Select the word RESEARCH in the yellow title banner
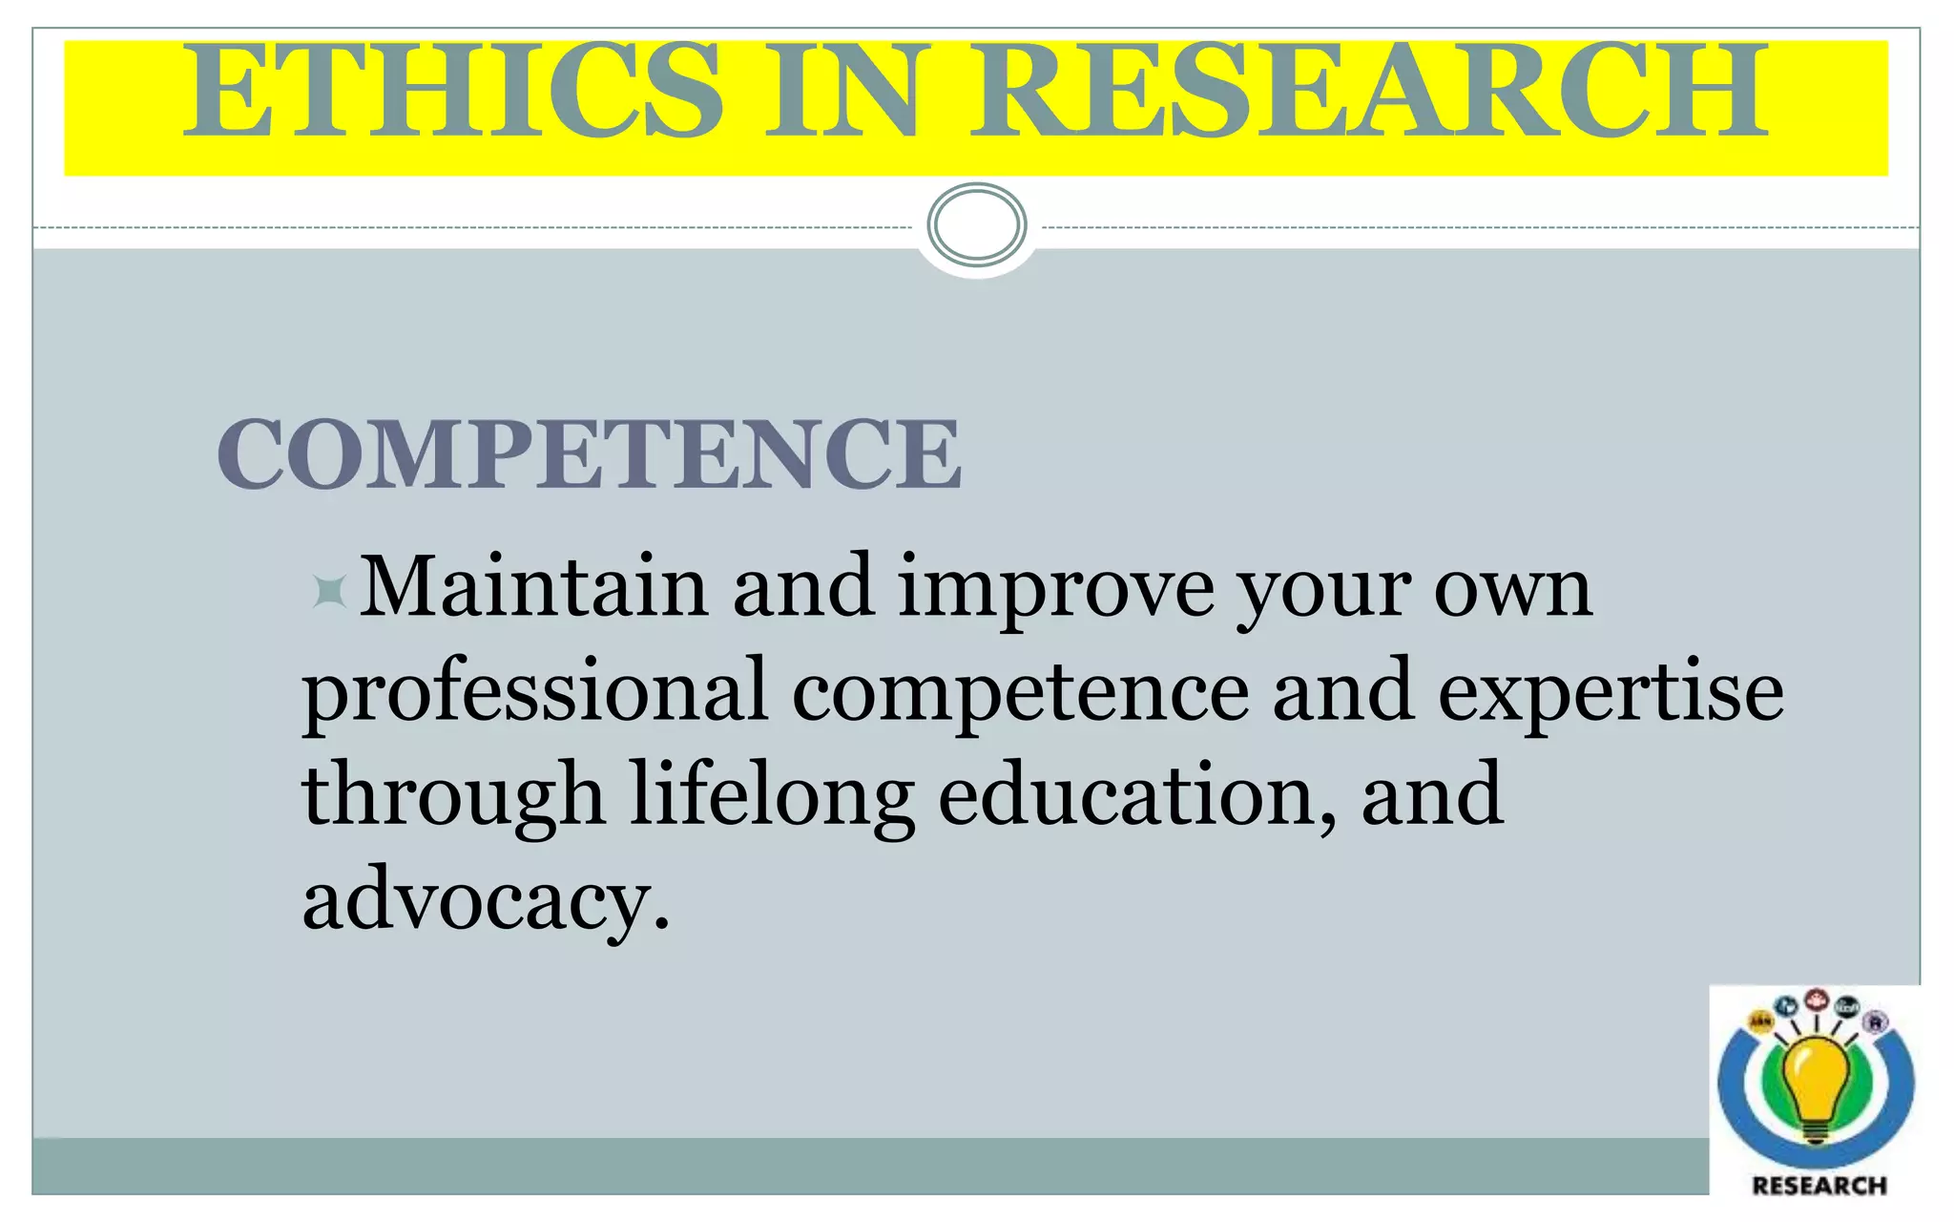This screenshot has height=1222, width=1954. (x=1370, y=92)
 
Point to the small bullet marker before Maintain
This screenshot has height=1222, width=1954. (x=329, y=592)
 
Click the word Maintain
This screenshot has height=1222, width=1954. (x=533, y=587)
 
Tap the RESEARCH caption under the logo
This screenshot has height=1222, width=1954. (x=1819, y=1186)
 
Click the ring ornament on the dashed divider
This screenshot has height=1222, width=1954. (x=977, y=225)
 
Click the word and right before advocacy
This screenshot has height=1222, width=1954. (x=1432, y=795)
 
